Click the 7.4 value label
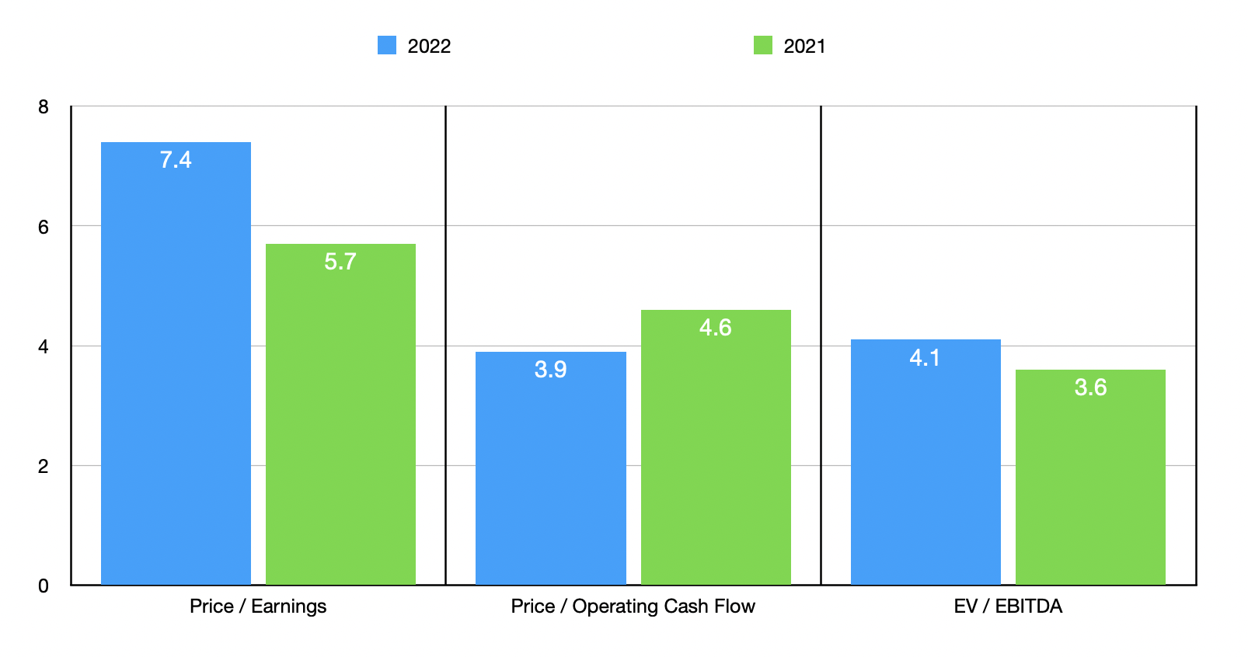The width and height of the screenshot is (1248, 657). (176, 160)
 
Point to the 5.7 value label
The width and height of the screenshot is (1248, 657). (340, 262)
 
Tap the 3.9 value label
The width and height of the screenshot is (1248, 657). (550, 370)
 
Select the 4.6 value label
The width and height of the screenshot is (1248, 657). (716, 328)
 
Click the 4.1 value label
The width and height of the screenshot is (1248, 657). (926, 358)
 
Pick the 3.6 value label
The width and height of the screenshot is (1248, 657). (1090, 388)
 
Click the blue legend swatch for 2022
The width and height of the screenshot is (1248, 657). (387, 45)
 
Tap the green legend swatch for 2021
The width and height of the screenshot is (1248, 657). (763, 45)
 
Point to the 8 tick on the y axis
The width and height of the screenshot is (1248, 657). (44, 107)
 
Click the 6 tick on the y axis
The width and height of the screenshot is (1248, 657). (44, 227)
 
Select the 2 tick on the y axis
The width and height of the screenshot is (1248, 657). (44, 466)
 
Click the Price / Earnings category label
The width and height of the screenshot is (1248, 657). (258, 607)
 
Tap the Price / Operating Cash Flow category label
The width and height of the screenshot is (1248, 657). (633, 607)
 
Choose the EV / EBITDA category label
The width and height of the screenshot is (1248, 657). (1008, 607)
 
